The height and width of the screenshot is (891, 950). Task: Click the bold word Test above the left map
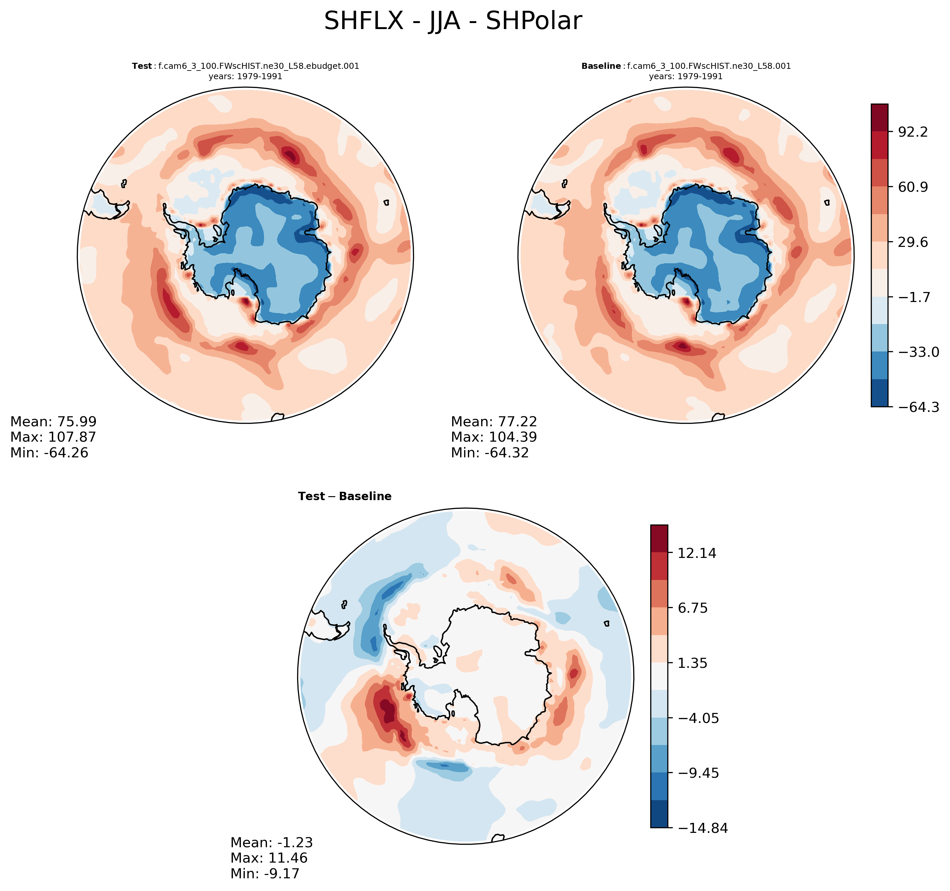click(142, 66)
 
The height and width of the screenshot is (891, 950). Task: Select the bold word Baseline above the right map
click(601, 66)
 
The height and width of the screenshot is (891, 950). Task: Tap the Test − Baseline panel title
click(345, 496)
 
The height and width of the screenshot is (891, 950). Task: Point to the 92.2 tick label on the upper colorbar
click(913, 132)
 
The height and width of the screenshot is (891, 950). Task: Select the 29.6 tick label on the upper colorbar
click(913, 242)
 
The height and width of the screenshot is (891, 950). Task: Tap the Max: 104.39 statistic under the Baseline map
click(494, 437)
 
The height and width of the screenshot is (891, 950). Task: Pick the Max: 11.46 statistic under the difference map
click(269, 858)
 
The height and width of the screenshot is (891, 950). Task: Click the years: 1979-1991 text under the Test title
click(245, 77)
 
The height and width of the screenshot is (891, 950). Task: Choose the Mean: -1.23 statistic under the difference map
click(271, 842)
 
